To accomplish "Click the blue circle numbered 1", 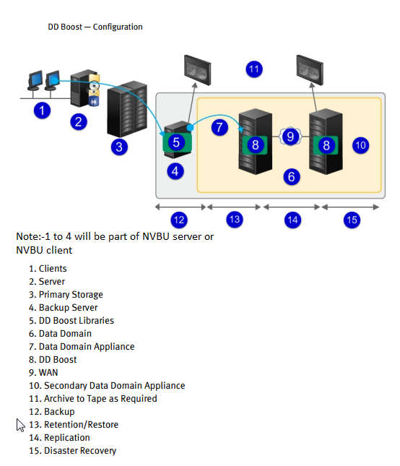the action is [42, 111].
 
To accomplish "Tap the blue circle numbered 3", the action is [119, 147].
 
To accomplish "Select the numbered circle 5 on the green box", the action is [176, 142].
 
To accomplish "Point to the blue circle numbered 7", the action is [219, 127].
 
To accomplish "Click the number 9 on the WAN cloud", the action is [290, 137].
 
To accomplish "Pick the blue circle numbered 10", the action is [361, 145].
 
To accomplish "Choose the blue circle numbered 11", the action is [254, 69].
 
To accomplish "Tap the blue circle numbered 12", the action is [179, 220].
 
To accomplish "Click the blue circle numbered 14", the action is [293, 220].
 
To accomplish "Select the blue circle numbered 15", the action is [352, 220].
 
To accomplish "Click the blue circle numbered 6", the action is [292, 177].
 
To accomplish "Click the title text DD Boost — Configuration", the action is [95, 27].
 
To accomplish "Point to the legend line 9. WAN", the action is [43, 372].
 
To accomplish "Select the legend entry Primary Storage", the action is [71, 295].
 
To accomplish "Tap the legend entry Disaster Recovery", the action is [80, 451].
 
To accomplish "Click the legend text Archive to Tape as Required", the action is [100, 399].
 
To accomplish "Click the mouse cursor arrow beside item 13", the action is [20, 425].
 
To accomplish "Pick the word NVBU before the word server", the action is [156, 236].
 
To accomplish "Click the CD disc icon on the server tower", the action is [94, 86].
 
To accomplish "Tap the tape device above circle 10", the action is [310, 70].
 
